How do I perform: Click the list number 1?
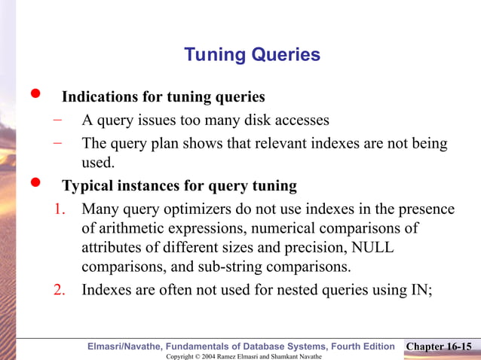62,209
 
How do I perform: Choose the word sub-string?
243,267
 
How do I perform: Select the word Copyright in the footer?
182,355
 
